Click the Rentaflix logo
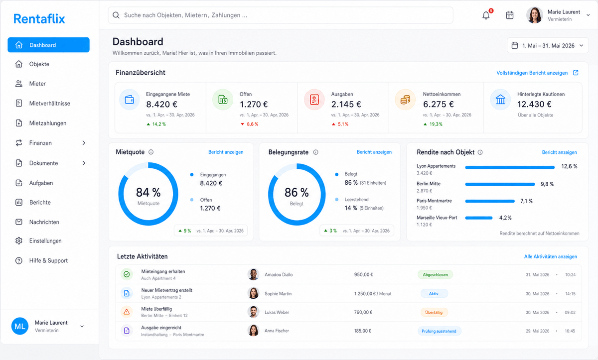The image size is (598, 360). tap(39, 18)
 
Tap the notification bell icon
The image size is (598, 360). tap(486, 15)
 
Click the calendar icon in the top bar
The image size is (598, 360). tap(510, 15)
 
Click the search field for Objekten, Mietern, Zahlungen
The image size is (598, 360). tap(280, 15)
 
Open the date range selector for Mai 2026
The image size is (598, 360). tap(548, 46)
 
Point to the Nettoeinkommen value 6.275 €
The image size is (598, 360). tap(439, 104)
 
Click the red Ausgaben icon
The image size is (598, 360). tap(314, 100)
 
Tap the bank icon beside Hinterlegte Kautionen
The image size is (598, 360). tap(500, 100)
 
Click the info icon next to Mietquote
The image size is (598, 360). tap(151, 152)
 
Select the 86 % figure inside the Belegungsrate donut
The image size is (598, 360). tap(297, 192)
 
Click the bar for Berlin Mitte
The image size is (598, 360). tap(500, 184)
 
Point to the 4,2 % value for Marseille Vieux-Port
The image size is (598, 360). tap(505, 218)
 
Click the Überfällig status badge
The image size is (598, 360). tap(434, 312)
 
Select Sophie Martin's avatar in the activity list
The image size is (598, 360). tap(253, 293)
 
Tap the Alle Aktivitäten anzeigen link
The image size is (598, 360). tap(551, 256)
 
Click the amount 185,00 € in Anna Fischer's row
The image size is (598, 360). tap(363, 331)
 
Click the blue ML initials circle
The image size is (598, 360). tap(20, 326)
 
